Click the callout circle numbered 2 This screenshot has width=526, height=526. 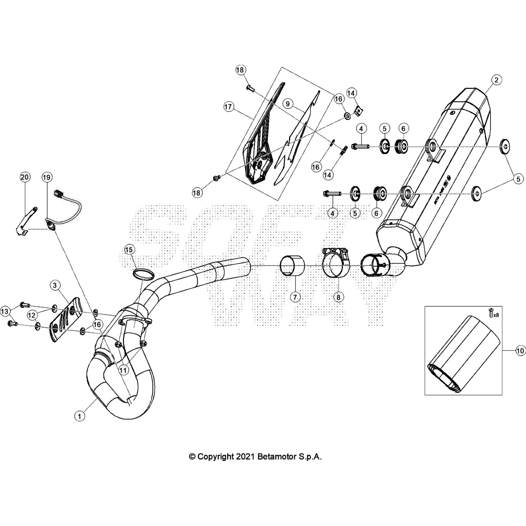point(496,80)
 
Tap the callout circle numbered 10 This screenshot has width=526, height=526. point(520,351)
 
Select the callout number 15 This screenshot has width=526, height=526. point(129,250)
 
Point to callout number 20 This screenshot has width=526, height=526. point(25,178)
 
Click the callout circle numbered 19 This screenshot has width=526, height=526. point(47,178)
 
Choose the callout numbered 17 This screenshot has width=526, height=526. point(228,107)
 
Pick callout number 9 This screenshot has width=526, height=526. point(288,104)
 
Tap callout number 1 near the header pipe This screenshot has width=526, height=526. point(79,416)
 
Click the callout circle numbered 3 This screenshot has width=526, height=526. point(55,285)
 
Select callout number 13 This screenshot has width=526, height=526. point(5,311)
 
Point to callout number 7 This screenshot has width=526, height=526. point(295,297)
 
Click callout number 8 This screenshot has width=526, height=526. point(338,297)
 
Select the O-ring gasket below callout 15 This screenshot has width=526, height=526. point(144,274)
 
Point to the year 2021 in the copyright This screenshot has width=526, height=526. point(244,457)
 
